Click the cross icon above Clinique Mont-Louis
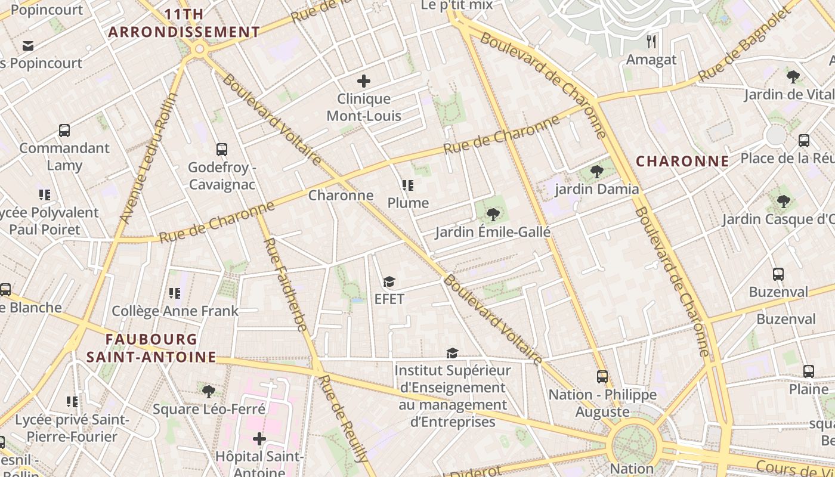(363, 81)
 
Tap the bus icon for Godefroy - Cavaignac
(222, 150)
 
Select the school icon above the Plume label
(408, 185)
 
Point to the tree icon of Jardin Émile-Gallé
(493, 215)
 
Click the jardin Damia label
(596, 190)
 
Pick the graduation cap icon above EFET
(389, 281)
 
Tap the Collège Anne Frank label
(175, 311)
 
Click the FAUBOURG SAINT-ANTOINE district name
(151, 348)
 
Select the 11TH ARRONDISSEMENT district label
(184, 23)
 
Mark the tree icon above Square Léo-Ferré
(209, 392)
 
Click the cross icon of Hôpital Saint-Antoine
(259, 439)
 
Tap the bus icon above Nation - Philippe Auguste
(602, 377)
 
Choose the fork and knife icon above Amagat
(651, 42)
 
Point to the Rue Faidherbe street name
(285, 285)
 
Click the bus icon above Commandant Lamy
(64, 131)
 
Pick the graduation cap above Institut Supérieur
(452, 354)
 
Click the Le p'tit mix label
(457, 5)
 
